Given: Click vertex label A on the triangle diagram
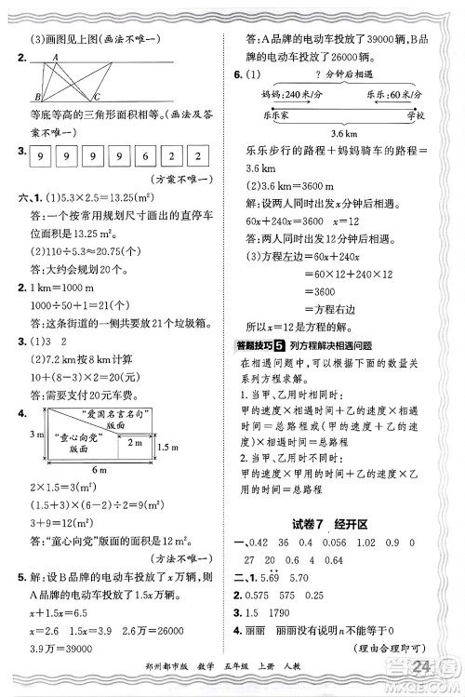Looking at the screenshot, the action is pos(55,56).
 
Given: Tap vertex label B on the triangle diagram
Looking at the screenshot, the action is pos(36,97).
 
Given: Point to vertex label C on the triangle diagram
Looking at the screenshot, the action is pos(97,97).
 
